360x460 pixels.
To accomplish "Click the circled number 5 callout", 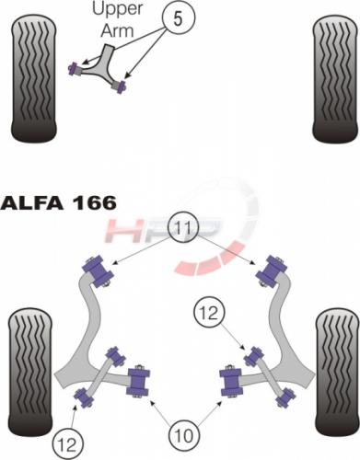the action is coord(180,18).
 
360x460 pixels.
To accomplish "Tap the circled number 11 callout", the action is coord(183,228).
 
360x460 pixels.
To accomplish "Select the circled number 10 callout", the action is coord(184,434).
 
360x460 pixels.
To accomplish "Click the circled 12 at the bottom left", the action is coord(68,443).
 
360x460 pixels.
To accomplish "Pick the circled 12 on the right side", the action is coord(210,313).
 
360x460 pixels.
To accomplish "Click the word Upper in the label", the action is coord(118,9).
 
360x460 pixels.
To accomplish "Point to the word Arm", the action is coord(118,30).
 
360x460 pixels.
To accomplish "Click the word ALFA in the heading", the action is coord(31,203).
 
